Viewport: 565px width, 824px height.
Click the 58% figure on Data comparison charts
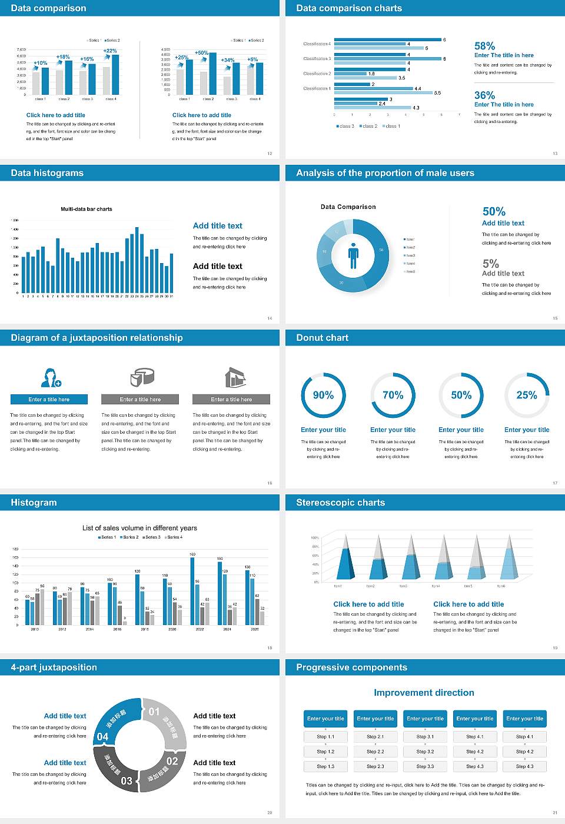pos(484,46)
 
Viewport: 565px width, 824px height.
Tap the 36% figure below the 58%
pos(484,95)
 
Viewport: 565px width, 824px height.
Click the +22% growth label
pos(110,51)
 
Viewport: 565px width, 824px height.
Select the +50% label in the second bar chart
pos(201,53)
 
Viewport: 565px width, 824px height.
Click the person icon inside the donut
pos(353,255)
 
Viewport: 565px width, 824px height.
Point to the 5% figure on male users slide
pos(490,264)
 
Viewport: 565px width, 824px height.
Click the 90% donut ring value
pos(323,395)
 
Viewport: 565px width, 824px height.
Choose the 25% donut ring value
pos(527,395)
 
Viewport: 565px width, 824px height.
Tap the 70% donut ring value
pos(393,395)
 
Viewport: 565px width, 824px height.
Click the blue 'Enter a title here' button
pos(49,399)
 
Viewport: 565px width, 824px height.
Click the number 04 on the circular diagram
pos(102,736)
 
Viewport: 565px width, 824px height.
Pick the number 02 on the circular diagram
pos(172,761)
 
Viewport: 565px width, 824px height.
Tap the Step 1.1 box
pos(325,736)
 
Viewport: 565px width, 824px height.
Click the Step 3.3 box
pos(425,766)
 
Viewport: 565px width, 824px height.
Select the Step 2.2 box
pos(375,752)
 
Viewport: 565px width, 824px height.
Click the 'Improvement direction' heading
pos(424,693)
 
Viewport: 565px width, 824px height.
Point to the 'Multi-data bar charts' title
pos(87,209)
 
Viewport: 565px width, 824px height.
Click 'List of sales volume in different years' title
pos(139,528)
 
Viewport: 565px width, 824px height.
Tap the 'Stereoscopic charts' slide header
pos(340,503)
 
